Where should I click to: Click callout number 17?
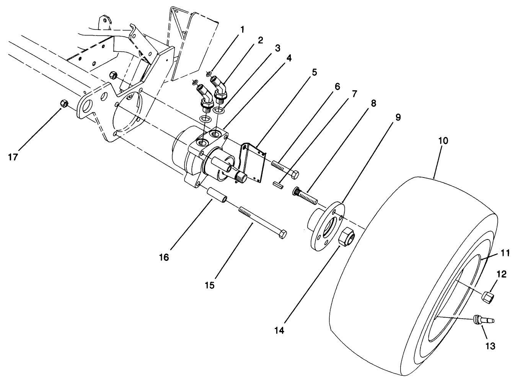tap(13, 157)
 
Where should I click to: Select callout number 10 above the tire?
tap(443, 140)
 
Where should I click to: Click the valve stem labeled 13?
tap(483, 320)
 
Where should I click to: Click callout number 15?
tap(210, 285)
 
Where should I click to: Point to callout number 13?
tap(490, 346)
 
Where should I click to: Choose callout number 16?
tap(164, 257)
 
